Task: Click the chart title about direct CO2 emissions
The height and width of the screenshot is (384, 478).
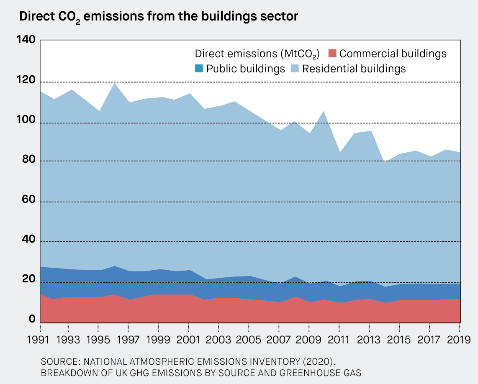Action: coord(158,17)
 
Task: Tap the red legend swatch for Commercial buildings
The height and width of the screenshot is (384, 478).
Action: coord(332,54)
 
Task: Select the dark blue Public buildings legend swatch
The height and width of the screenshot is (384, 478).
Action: coord(199,69)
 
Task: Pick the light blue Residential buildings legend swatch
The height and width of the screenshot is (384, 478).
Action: coord(295,69)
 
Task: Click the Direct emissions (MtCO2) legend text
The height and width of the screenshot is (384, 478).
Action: coord(257,54)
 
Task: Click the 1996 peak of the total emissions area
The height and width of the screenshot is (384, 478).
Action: coord(114,84)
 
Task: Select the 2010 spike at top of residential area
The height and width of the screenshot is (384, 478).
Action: coord(324,111)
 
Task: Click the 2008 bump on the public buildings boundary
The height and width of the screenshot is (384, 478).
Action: coord(294,277)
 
